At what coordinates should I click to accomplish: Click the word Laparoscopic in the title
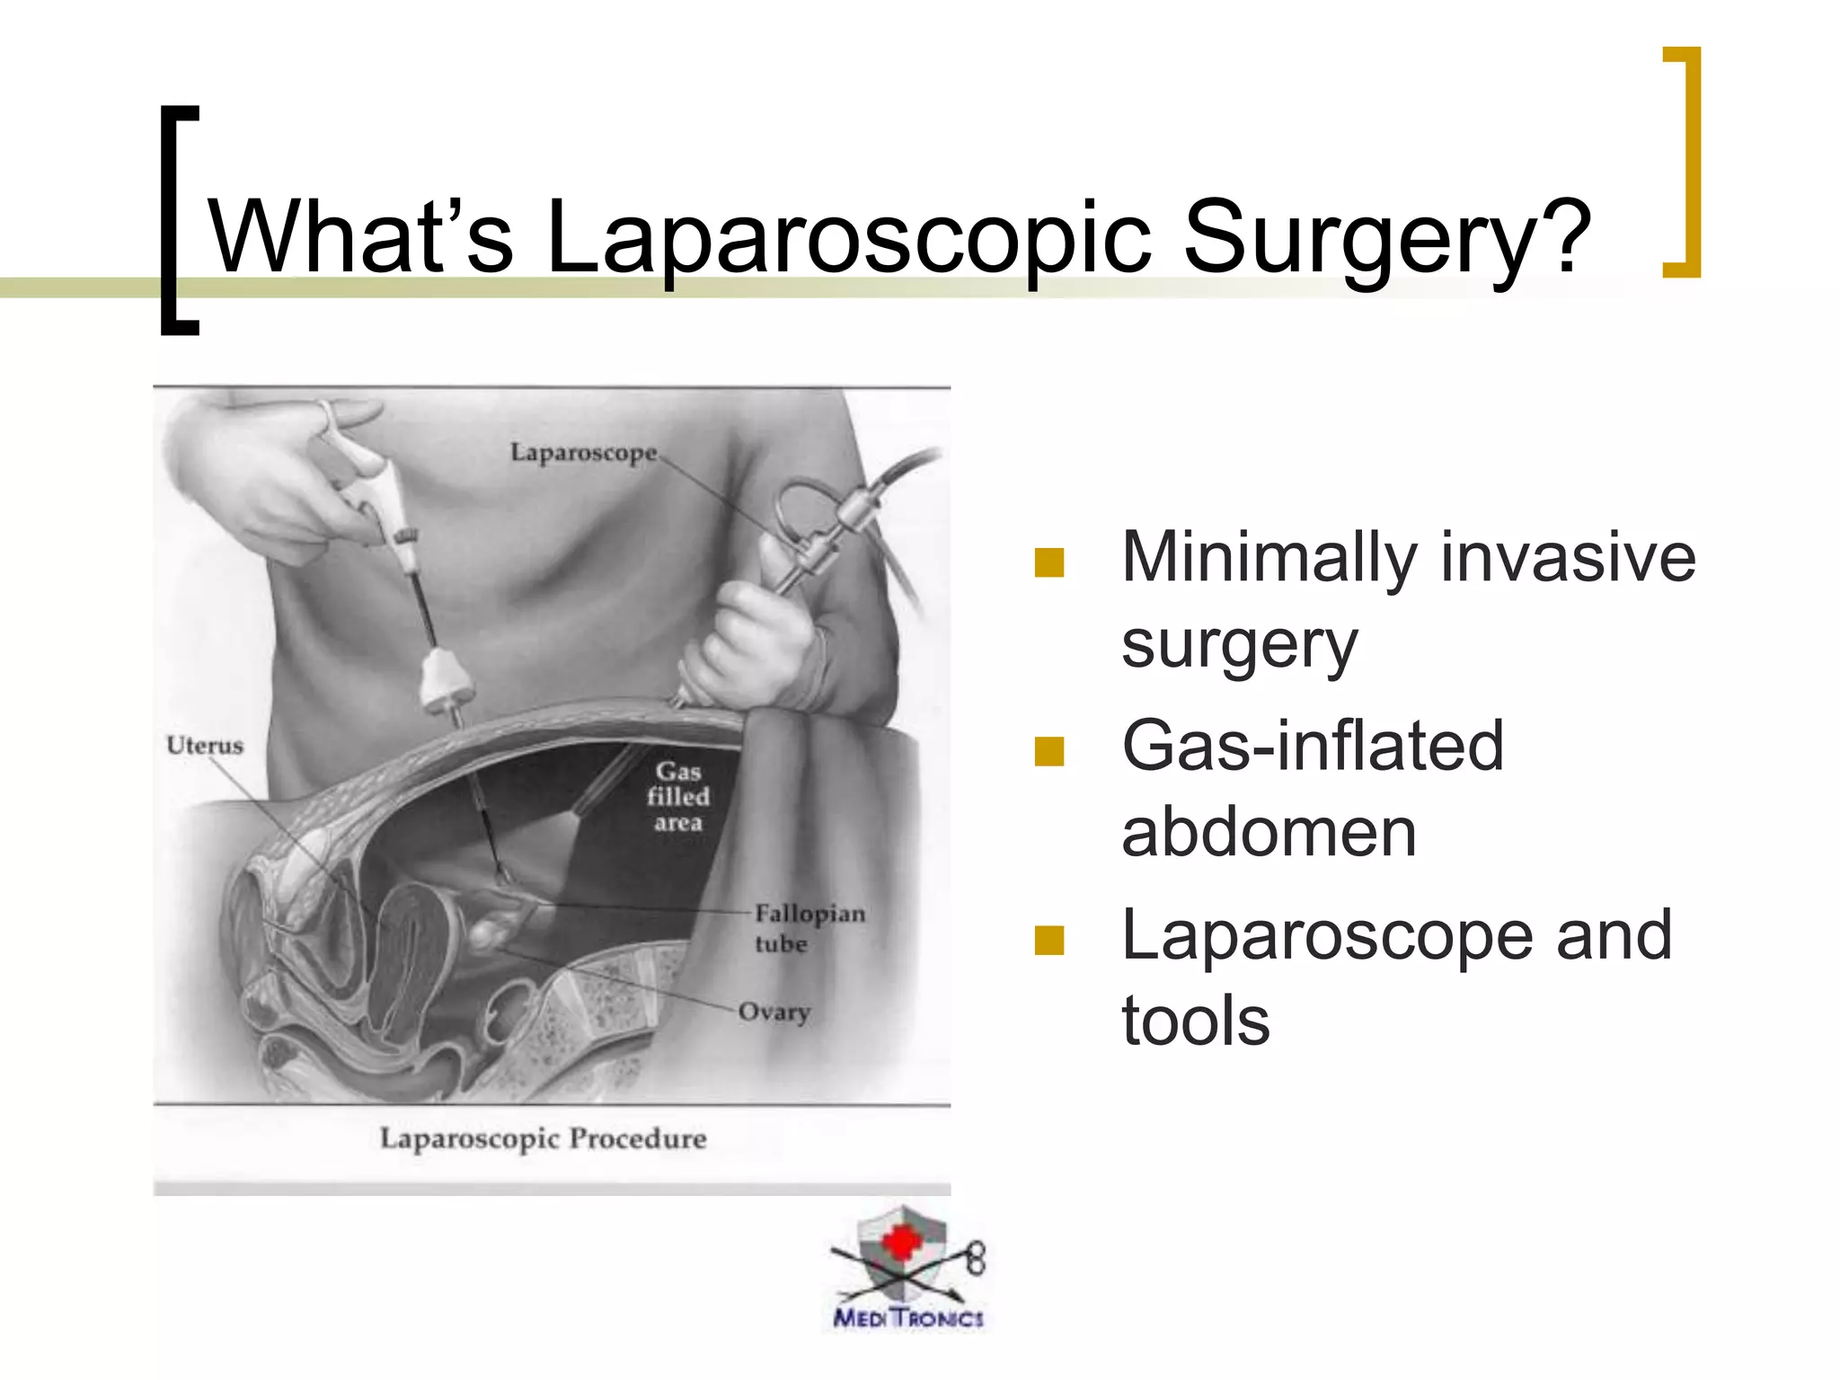point(848,238)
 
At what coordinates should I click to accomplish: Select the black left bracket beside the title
point(177,220)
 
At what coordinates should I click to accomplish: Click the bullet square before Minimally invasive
point(1048,562)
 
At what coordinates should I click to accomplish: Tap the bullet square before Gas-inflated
point(1048,751)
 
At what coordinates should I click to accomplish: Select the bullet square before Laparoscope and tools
point(1048,940)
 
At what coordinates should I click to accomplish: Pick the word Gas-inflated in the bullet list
point(1312,746)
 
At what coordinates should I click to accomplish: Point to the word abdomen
point(1269,832)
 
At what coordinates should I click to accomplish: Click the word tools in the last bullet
point(1195,1021)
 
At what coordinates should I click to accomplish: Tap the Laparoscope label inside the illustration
point(584,452)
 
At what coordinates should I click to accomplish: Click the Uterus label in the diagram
point(205,746)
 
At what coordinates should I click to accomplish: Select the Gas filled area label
point(678,797)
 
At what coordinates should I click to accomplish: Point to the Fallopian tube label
point(809,928)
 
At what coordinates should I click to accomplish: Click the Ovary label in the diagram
point(774,1012)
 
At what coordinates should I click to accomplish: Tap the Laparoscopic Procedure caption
point(543,1138)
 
